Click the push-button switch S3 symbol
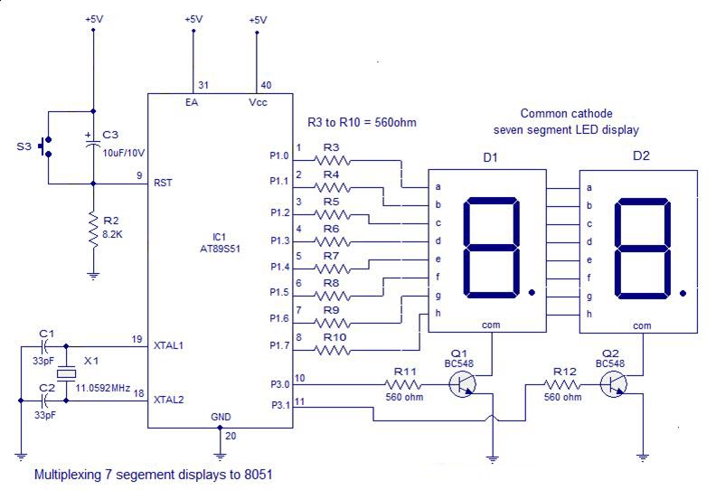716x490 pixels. pos(46,146)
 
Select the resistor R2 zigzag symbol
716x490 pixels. pos(94,231)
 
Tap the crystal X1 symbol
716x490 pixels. pos(66,374)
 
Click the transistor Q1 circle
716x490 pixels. pos(462,384)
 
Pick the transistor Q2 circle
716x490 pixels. pos(613,384)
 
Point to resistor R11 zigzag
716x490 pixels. pos(402,384)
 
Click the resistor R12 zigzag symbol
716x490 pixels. pos(561,384)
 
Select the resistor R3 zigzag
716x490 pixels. pos(332,160)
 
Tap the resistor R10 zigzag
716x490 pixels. pos(332,350)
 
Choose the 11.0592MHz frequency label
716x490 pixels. pos(103,388)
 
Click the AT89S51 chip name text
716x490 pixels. pos(220,249)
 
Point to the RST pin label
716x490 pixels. pos(163,183)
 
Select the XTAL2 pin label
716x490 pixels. pos(168,400)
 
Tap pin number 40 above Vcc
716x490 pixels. pos(266,85)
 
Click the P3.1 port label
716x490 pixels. pos(280,405)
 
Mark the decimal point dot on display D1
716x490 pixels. pos(532,292)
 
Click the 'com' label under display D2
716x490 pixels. pos(642,325)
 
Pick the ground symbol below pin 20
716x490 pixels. pos(220,456)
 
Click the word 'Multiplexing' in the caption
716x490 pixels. pos(68,475)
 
